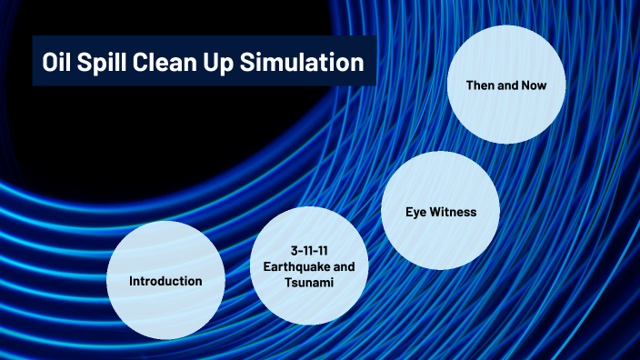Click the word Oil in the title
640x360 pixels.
[57, 63]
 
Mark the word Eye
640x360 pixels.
[416, 212]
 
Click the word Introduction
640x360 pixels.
[165, 280]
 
